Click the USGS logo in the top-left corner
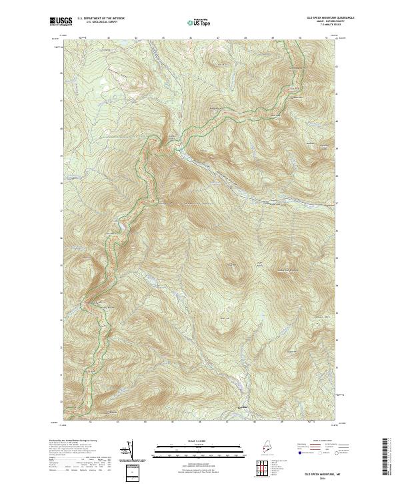61,21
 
